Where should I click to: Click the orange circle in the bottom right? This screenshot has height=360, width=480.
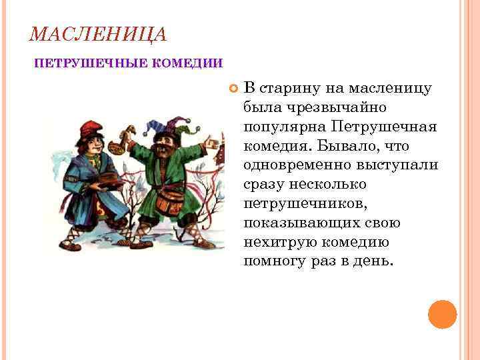442,314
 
